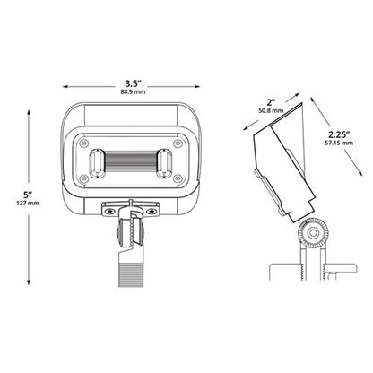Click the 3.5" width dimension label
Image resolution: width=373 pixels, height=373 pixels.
click(x=133, y=82)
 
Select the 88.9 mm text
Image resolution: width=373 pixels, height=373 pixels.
click(x=133, y=91)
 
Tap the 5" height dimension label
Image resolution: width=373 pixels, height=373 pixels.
click(x=28, y=195)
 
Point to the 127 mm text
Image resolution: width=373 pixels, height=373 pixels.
click(x=28, y=204)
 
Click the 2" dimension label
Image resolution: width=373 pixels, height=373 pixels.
click(x=271, y=102)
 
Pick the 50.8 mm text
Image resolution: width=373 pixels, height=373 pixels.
click(x=271, y=110)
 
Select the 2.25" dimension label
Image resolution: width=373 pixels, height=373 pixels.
click(x=339, y=134)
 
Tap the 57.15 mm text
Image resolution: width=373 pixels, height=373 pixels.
click(x=339, y=143)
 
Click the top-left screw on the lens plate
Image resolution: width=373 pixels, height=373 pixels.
click(x=84, y=143)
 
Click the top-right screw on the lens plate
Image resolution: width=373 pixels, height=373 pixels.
click(x=178, y=143)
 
